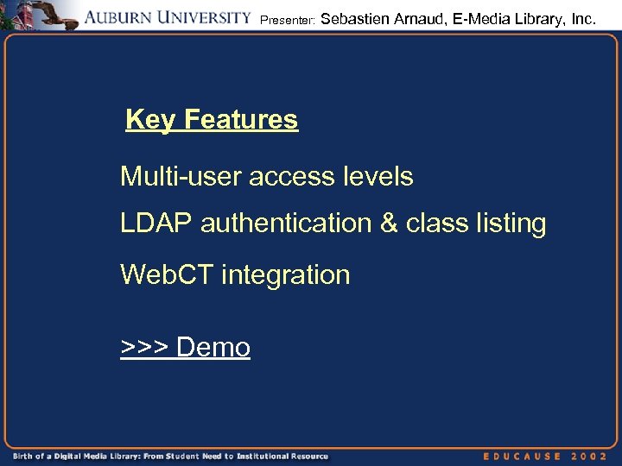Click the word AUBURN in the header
(124, 18)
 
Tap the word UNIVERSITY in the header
(207, 18)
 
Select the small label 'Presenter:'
(287, 19)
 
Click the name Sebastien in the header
(355, 17)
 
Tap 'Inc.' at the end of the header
(581, 17)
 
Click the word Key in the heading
(149, 120)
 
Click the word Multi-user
(181, 177)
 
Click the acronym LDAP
(156, 224)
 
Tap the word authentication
(286, 224)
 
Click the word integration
(286, 275)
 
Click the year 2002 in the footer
(592, 456)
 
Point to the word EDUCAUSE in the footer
(523, 456)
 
